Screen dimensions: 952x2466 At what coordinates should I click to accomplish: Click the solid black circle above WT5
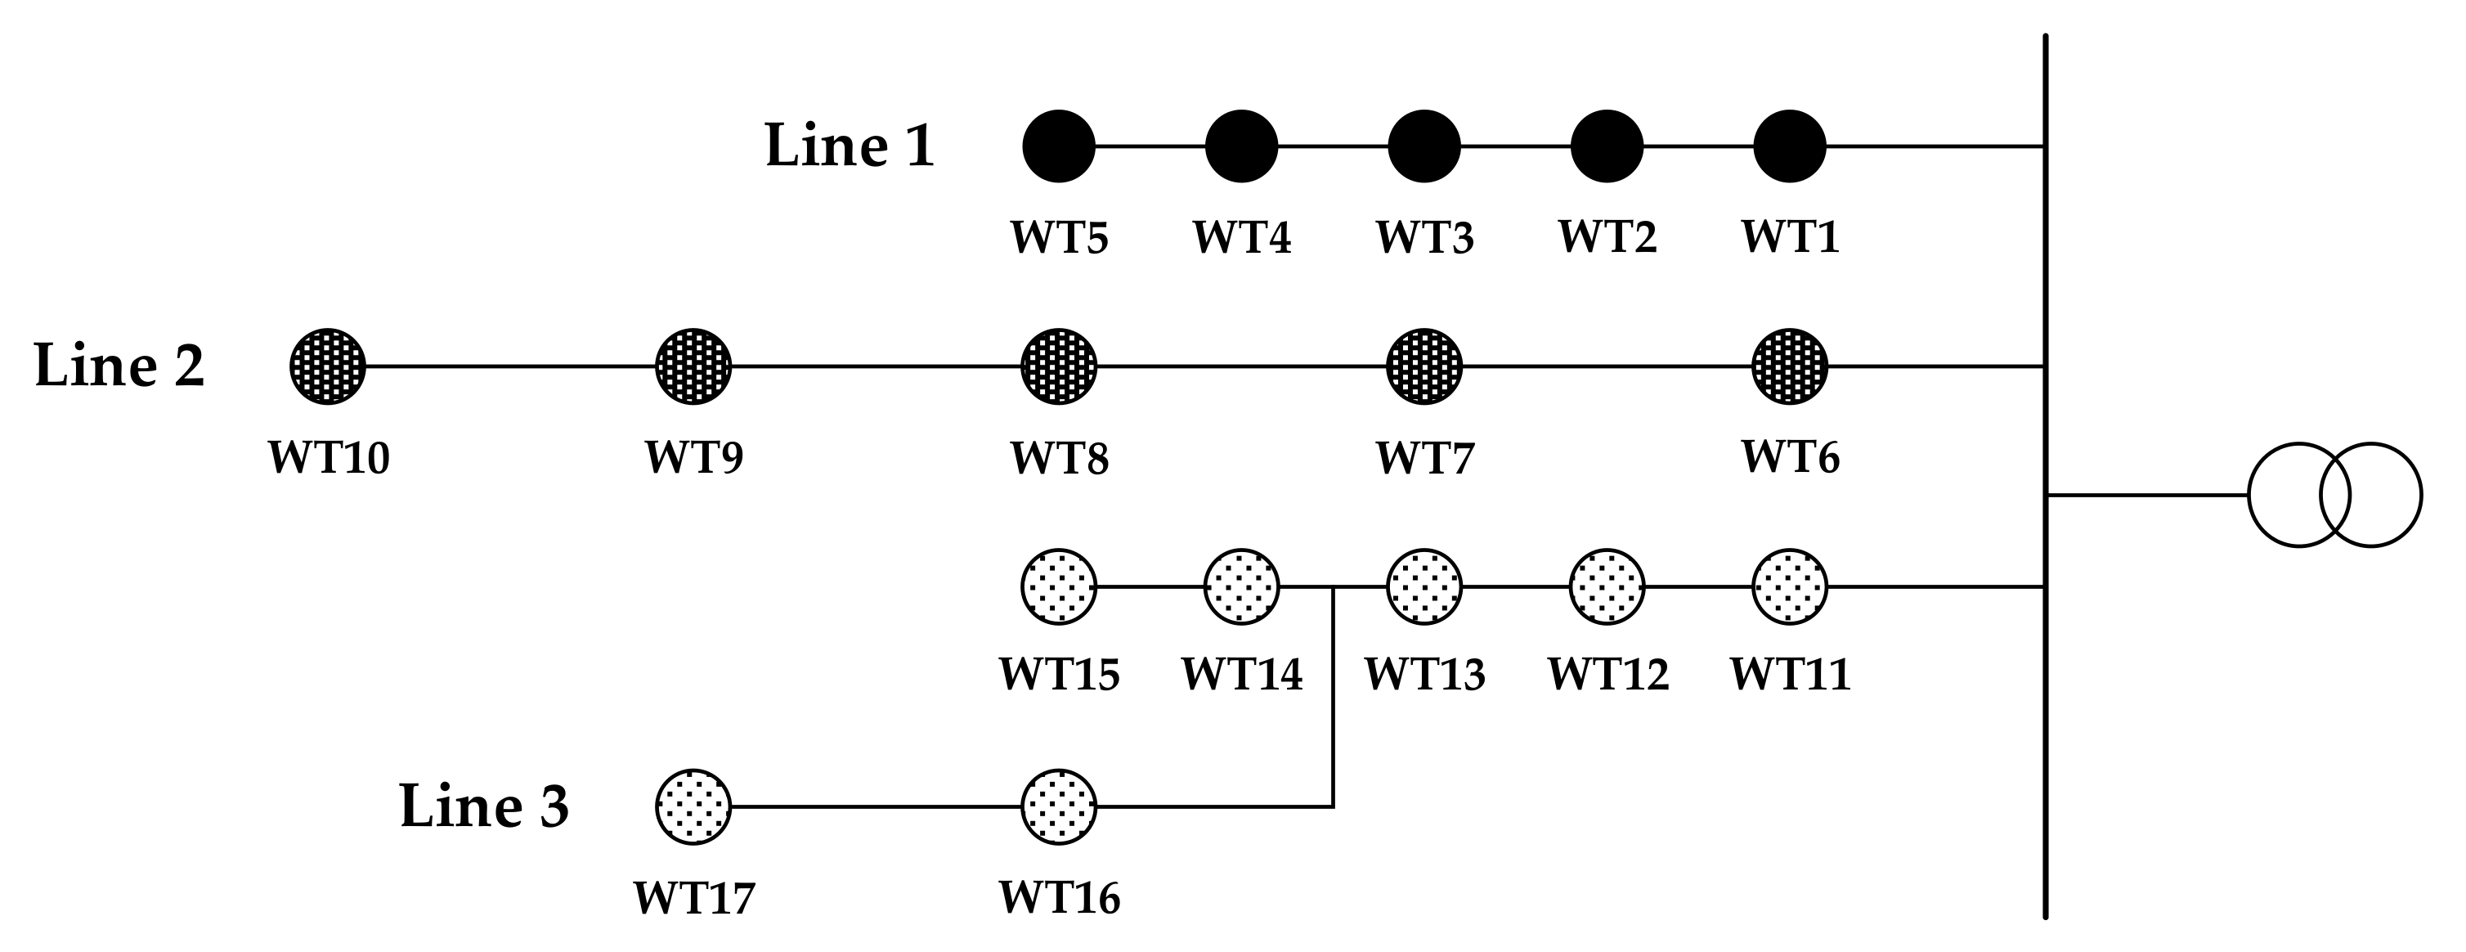[1059, 146]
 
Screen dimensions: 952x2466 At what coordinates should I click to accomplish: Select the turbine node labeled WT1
[1789, 146]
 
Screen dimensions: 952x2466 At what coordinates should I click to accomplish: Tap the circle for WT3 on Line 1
[1424, 146]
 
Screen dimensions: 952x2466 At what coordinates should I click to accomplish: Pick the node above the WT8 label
[1059, 366]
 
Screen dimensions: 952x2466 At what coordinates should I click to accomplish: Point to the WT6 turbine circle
[1789, 366]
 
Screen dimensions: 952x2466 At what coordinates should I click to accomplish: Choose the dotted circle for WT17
[693, 806]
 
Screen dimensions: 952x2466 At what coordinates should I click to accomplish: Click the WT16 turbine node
[1059, 806]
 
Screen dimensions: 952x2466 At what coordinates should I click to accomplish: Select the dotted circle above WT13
[1424, 586]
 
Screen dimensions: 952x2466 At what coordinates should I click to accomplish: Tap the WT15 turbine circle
[1059, 586]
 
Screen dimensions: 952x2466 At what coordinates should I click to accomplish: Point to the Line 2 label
[119, 366]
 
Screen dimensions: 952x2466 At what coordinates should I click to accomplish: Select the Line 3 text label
[484, 806]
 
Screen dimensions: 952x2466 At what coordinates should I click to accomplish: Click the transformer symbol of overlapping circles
[2335, 495]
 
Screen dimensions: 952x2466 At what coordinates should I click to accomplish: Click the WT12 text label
[1607, 674]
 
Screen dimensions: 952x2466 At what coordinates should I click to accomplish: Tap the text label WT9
[693, 457]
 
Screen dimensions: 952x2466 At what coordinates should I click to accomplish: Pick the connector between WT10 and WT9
[510, 366]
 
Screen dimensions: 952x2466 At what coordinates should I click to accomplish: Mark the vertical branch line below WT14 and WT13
[1334, 699]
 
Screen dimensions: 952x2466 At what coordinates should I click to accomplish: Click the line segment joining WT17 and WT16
[876, 806]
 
